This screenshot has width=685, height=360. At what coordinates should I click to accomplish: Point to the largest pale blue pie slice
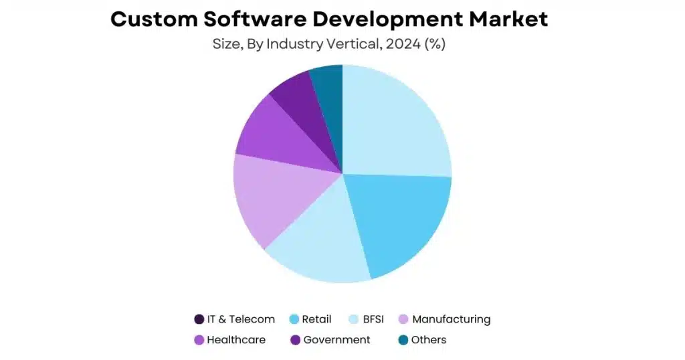coord(398,124)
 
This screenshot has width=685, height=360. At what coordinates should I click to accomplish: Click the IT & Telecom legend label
coord(241,319)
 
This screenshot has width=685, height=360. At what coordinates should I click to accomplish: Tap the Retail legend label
coord(316,319)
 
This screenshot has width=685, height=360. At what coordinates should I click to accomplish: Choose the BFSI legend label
coord(373,319)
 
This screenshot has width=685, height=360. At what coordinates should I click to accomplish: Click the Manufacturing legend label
coord(451,319)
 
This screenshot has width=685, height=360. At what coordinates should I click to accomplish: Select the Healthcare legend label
coord(236,340)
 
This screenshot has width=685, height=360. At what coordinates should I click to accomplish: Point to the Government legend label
coord(336,340)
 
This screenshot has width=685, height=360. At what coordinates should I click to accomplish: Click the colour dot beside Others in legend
coord(403,340)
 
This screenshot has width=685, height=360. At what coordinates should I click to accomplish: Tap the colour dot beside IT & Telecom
coord(199,319)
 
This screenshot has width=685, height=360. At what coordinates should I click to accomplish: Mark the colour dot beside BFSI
coord(355,319)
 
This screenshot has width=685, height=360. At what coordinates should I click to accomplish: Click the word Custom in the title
coord(155,19)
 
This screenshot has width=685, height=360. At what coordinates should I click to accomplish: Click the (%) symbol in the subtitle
coord(433,45)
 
